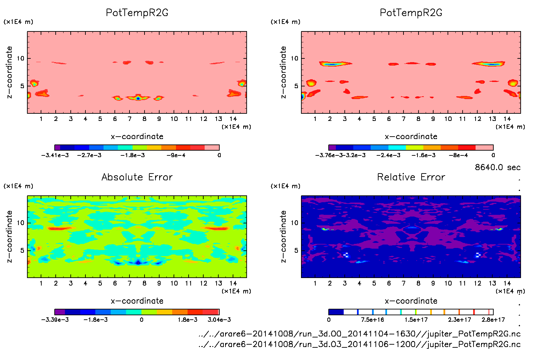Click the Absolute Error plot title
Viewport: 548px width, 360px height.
coord(137,177)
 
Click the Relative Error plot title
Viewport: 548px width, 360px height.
coord(411,177)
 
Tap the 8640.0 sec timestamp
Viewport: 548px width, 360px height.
coord(497,167)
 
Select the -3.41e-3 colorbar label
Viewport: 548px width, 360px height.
coord(55,155)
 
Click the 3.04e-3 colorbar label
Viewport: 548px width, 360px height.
coord(219,320)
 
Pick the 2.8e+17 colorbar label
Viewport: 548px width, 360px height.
coord(493,320)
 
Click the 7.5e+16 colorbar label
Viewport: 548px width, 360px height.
coord(372,320)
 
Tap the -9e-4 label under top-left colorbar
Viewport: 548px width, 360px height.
coord(176,155)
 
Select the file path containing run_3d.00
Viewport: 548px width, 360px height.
coord(359,334)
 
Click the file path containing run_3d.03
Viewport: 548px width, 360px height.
coord(359,344)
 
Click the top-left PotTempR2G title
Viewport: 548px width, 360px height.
coord(137,13)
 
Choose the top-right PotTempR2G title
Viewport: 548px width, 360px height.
coord(411,13)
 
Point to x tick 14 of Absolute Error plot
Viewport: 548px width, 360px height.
coord(233,283)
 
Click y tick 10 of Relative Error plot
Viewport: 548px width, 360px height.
coord(294,223)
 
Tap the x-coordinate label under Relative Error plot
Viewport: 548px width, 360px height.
coord(411,301)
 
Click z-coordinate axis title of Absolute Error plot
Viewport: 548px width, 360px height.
coord(10,236)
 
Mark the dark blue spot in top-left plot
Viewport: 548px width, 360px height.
coord(138,98)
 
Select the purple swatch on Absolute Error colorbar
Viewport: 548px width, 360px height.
coord(60,312)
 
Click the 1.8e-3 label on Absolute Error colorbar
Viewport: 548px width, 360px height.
coord(188,320)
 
